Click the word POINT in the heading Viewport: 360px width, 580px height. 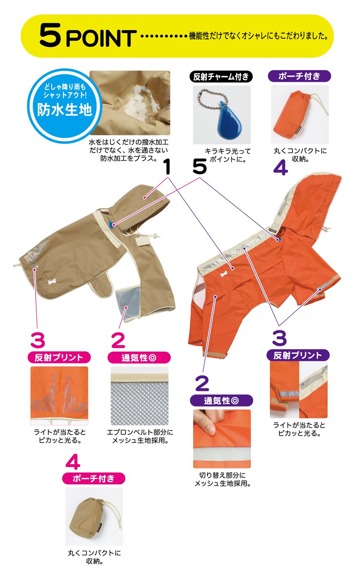(x=101, y=38)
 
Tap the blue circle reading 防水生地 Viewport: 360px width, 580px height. (x=65, y=106)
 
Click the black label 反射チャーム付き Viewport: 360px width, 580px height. (x=221, y=77)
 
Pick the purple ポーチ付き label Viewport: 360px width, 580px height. (x=299, y=76)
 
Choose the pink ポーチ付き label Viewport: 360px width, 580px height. (x=94, y=478)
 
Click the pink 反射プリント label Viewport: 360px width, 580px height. (x=59, y=358)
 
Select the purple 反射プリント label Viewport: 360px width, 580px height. (x=298, y=355)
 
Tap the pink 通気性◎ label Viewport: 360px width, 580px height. (x=139, y=358)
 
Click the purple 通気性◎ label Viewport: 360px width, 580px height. (x=221, y=401)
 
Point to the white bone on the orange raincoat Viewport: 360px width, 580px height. (x=225, y=275)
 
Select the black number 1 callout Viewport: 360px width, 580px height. (x=167, y=166)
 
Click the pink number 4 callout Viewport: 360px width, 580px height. (x=73, y=461)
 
